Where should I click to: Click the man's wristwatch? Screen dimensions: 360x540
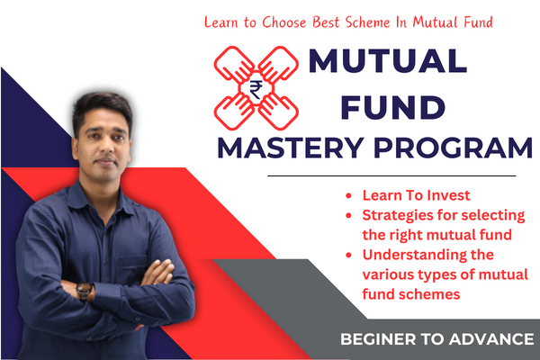(x=85, y=292)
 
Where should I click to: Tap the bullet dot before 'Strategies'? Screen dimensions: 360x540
(x=349, y=215)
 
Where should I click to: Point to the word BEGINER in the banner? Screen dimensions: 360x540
(x=376, y=339)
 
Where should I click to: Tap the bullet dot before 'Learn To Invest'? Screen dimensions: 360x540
(x=349, y=195)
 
